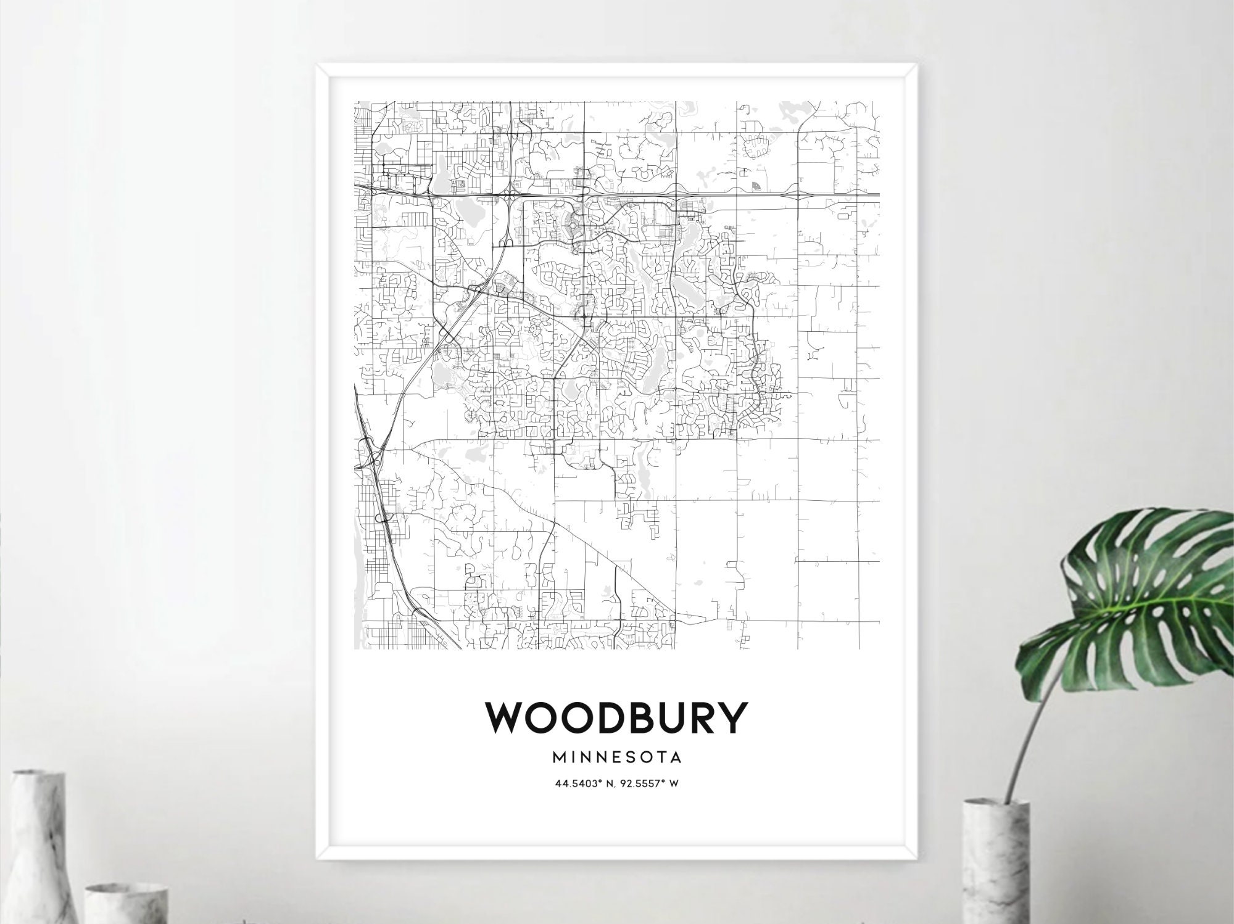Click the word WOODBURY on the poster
616,718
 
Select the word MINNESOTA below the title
617,756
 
